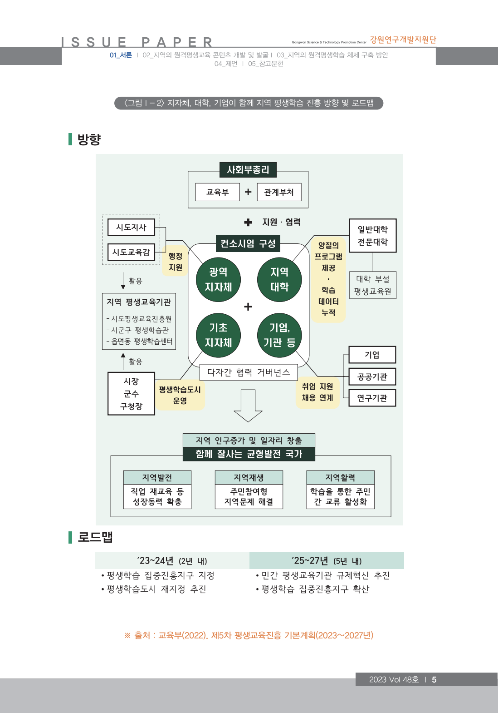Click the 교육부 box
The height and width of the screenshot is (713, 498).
tap(217, 192)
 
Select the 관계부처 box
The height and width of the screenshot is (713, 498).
tap(279, 192)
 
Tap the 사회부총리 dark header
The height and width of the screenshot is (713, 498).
tap(248, 170)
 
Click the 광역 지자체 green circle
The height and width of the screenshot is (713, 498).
tap(218, 279)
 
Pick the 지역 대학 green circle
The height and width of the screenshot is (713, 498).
tap(279, 279)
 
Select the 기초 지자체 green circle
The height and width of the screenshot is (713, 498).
tap(218, 335)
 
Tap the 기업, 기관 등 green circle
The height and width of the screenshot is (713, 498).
tap(279, 335)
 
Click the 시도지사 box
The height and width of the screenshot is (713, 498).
tap(131, 227)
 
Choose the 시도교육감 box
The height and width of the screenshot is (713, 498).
tap(131, 252)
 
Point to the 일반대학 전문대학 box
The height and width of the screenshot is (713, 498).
tap(373, 236)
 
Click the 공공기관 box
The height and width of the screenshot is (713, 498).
tap(372, 376)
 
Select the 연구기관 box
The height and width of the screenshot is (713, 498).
tap(372, 398)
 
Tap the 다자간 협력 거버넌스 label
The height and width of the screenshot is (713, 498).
tap(249, 372)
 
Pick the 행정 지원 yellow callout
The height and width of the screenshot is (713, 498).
tap(175, 262)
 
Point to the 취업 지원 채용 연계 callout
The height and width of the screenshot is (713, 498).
tap(317, 392)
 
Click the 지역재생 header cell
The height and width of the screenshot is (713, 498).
tap(249, 478)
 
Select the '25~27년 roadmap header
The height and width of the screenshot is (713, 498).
tap(327, 561)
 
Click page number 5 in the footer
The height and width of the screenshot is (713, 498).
tap(434, 679)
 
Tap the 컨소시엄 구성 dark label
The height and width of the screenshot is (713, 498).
tap(248, 243)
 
